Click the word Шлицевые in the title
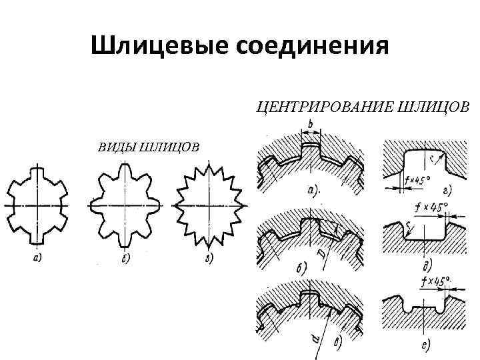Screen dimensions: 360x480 [x=149, y=46]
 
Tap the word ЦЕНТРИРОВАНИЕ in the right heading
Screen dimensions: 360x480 [x=323, y=106]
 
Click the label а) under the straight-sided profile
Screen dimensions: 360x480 [x=38, y=258]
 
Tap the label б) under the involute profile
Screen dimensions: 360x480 [x=125, y=258]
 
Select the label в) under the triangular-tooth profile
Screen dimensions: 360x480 [x=209, y=258]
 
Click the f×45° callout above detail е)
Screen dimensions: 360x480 [x=434, y=280]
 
